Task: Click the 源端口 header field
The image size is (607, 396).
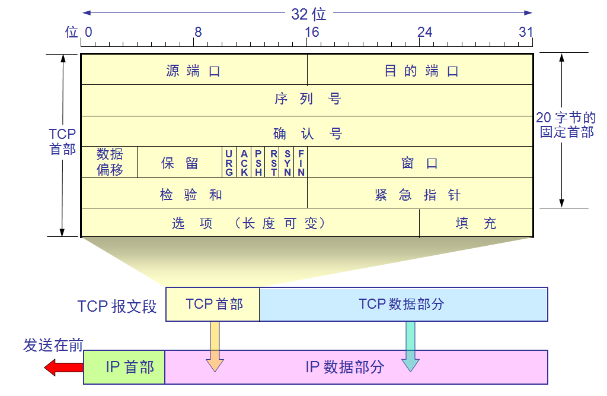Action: click(193, 71)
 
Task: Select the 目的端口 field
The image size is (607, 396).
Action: click(421, 71)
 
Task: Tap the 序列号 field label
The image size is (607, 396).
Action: click(307, 99)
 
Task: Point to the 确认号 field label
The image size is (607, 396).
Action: click(307, 132)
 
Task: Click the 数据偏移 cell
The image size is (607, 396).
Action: click(110, 162)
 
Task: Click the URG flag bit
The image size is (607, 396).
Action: click(229, 163)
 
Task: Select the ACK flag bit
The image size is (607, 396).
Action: click(244, 163)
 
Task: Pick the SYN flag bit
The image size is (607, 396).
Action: click(287, 163)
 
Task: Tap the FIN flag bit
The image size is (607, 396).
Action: click(301, 163)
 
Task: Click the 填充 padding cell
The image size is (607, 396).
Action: click(476, 223)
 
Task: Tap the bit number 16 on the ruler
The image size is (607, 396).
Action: click(312, 32)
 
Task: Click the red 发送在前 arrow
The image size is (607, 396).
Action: click(63, 367)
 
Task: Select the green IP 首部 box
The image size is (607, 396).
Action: click(124, 367)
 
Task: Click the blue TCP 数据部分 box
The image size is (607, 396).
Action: click(403, 304)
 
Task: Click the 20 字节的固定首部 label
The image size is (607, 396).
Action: click(566, 125)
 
